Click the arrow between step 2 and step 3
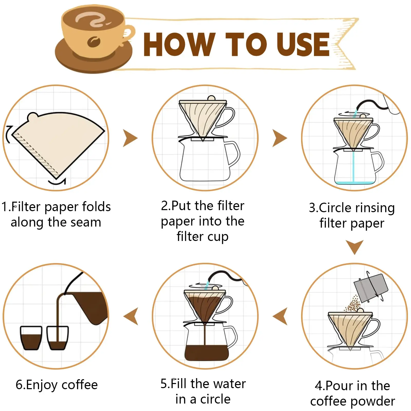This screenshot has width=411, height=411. click(279, 138)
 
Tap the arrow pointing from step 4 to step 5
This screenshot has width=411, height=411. click(281, 316)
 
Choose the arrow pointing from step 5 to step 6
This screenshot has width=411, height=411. click(131, 316)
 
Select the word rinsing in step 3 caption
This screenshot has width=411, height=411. click(375, 208)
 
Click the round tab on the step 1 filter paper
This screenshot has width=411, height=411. click(33, 117)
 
